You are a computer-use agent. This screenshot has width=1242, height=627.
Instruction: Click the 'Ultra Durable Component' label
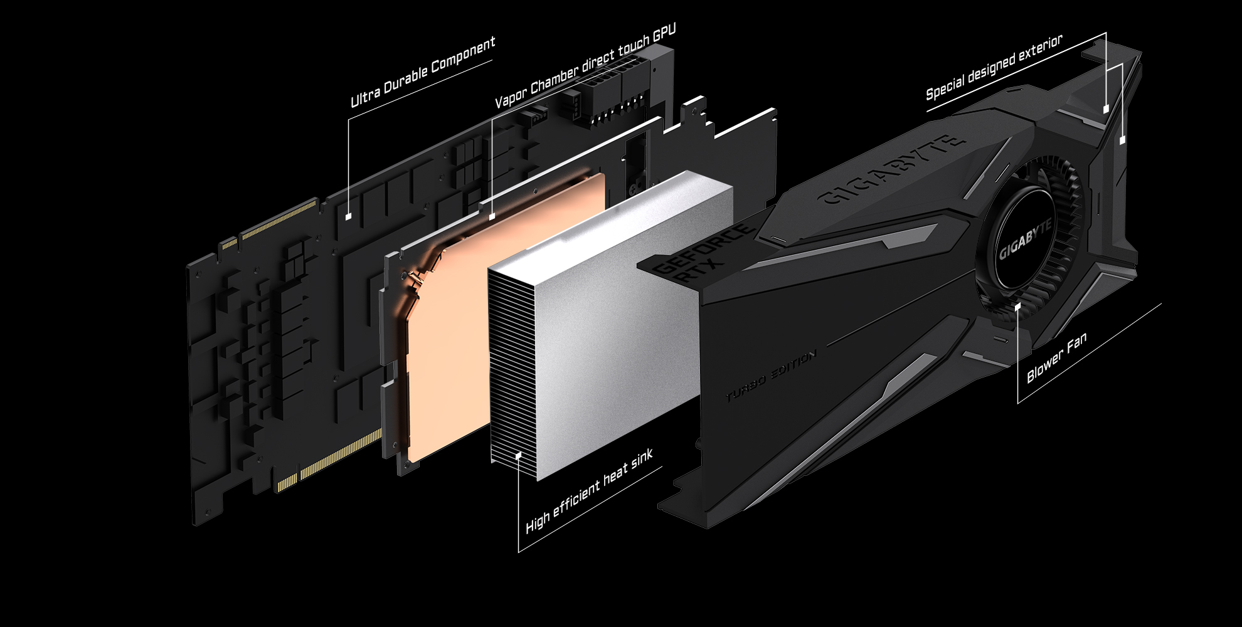(x=423, y=71)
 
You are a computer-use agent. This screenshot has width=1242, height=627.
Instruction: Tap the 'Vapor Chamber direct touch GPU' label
(x=585, y=67)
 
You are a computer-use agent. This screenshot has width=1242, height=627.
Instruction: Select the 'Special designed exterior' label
(x=994, y=67)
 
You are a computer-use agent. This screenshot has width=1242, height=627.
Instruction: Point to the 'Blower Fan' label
(x=1056, y=357)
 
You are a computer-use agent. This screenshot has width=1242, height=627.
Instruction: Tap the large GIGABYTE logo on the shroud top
(x=891, y=170)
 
